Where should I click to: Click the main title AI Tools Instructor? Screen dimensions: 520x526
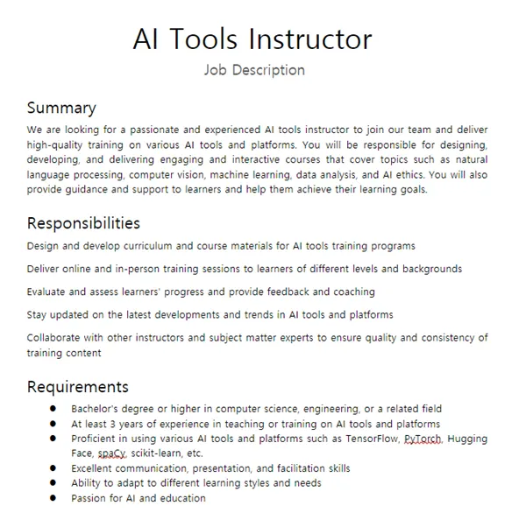[x=252, y=39]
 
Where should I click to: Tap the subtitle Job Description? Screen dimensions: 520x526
[x=254, y=70]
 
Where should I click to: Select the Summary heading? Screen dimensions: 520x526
[x=61, y=109]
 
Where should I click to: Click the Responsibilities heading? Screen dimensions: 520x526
[x=83, y=223]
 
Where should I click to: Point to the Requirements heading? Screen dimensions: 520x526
[x=77, y=386]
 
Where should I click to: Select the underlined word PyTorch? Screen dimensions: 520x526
[x=423, y=439]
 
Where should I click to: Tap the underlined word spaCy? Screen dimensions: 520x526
[x=111, y=453]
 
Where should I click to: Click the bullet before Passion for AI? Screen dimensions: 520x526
[x=53, y=498]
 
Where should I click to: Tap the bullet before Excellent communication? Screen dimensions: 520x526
[x=53, y=468]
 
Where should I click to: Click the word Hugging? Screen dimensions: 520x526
[x=467, y=439]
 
